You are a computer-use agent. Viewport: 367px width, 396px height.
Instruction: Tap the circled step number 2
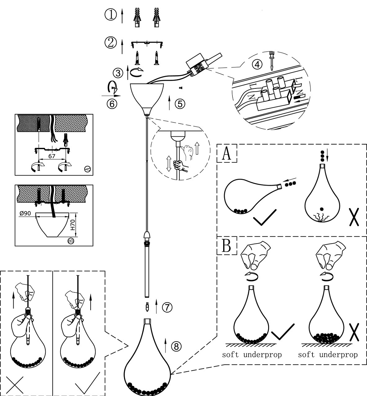tap(111, 43)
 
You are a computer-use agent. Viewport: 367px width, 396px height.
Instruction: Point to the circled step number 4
tap(257, 65)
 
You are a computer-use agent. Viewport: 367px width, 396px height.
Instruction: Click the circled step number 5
tap(180, 104)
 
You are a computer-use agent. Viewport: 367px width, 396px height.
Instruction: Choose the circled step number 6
tap(112, 104)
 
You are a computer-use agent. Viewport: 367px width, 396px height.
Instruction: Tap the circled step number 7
tap(167, 307)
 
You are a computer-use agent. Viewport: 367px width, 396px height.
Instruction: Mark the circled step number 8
tap(176, 346)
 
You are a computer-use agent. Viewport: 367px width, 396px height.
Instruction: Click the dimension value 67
tap(52, 156)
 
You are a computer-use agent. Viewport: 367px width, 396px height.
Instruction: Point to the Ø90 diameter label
tap(25, 214)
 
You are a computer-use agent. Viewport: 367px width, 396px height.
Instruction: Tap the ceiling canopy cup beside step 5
tap(147, 96)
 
